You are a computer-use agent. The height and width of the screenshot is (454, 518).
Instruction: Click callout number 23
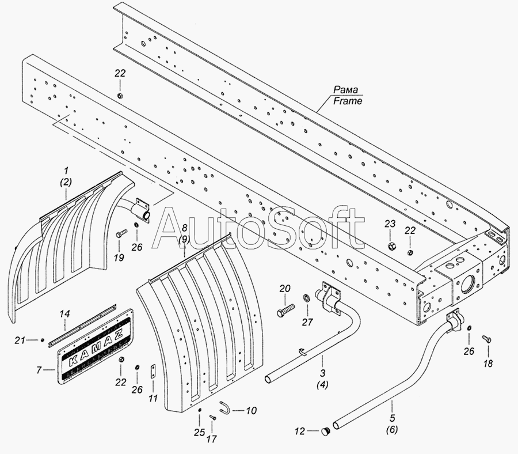(x=390, y=224)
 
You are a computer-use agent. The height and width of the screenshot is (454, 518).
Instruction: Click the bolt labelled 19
(x=122, y=234)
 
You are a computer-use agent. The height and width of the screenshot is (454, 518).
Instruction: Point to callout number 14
(x=66, y=314)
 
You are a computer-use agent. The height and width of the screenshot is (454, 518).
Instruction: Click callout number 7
(x=39, y=369)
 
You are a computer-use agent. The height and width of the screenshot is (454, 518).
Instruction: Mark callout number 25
(x=199, y=432)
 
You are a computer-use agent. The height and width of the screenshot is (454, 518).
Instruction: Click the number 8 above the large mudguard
(x=184, y=228)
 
